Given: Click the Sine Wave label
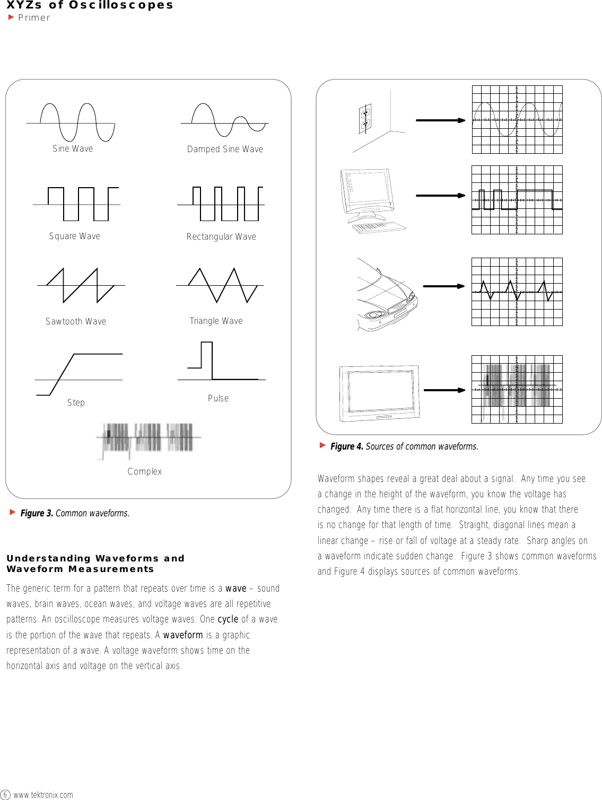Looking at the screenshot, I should point(73,148).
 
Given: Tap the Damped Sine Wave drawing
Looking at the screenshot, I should point(225,121).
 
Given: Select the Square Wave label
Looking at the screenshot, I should point(74,236).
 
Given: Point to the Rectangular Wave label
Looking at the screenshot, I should point(221,236).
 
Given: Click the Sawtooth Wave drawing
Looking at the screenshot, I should point(81,285).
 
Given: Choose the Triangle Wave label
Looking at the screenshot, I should point(216,321).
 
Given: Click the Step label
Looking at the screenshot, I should point(76,402).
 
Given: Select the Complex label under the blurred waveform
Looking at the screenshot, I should point(144,471).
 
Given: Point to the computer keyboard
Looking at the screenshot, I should point(378,227).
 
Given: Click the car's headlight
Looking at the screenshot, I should point(373,316).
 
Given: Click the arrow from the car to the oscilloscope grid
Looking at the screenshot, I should point(443,286).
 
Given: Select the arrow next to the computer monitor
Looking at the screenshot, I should point(440,196).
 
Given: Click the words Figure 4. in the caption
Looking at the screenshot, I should point(347,446).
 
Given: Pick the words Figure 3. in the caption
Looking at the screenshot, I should point(37,513).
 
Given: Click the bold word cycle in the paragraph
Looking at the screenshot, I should point(228,619).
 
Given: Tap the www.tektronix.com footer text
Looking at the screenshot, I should point(43,795).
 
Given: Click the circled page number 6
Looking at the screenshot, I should point(5,794).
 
